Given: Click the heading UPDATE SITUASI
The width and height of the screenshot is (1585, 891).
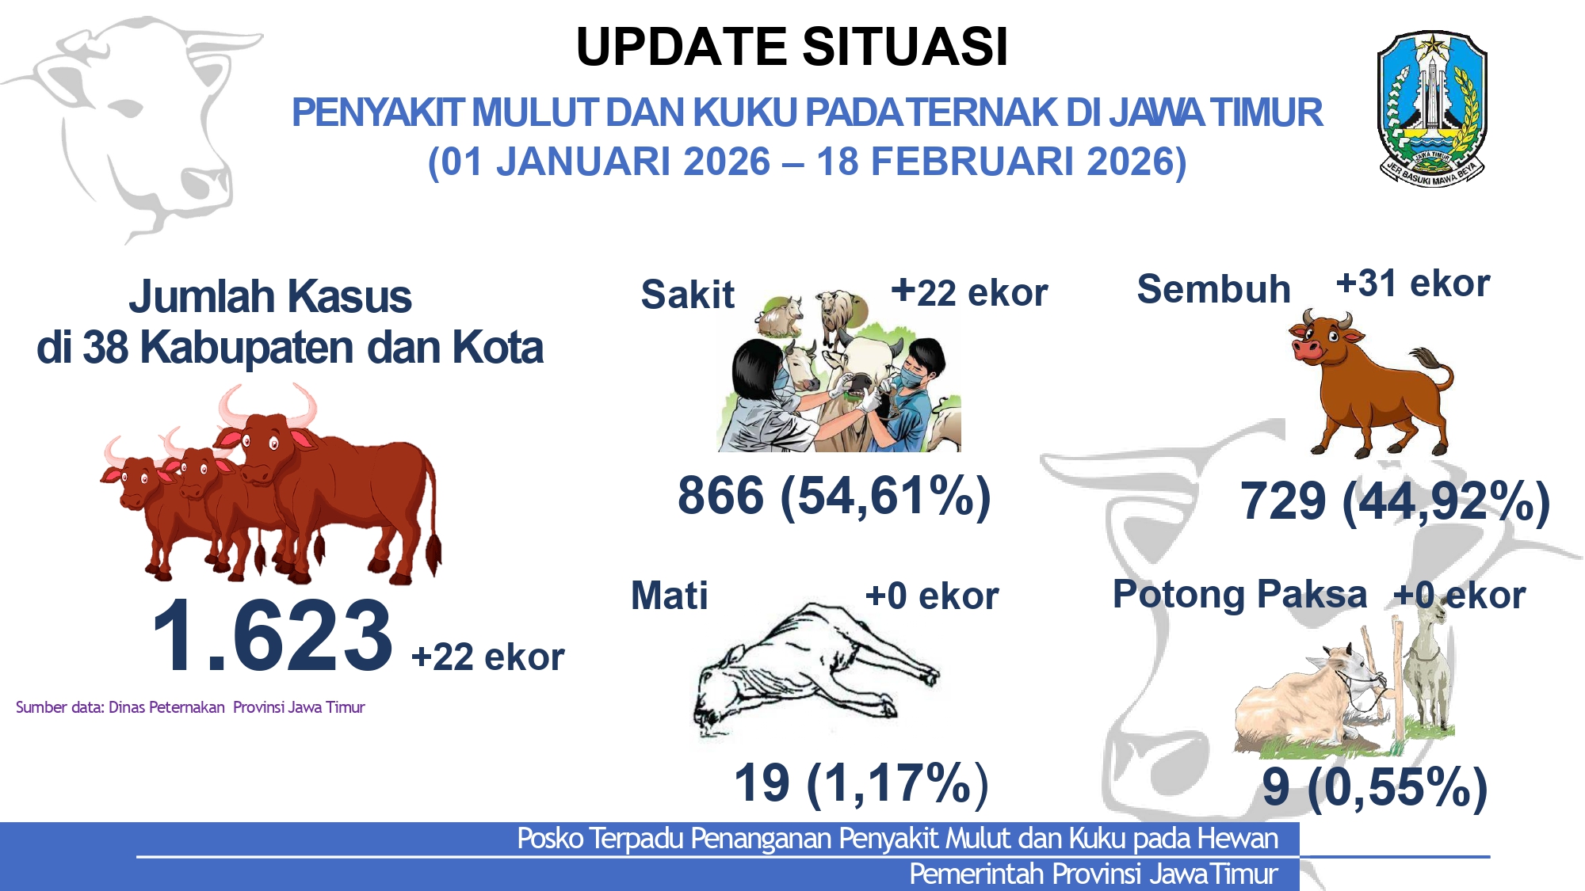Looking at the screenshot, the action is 792,47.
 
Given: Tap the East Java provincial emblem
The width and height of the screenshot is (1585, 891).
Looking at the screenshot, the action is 1432,109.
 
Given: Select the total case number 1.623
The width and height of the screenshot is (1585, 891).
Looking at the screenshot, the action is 272,635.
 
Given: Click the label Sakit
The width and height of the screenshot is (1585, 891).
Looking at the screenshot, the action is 687,295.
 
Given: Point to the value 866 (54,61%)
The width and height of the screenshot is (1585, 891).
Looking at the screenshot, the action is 835,497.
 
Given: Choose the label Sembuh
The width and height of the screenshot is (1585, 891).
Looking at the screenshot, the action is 1213,289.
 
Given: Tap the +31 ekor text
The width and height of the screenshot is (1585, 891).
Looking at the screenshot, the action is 1413,284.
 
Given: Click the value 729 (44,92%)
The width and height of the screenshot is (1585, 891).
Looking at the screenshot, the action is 1396,501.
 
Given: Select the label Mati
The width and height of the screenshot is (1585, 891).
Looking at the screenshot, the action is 670,596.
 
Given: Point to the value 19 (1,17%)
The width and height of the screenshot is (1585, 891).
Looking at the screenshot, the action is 861,783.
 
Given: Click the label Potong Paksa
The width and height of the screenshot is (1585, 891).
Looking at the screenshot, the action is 1240,594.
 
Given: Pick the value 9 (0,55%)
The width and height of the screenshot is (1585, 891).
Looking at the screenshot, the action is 1375,787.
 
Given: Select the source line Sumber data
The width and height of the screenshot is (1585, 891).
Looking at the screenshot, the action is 190,707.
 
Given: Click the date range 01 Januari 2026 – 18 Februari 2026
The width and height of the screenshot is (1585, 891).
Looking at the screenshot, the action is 807,162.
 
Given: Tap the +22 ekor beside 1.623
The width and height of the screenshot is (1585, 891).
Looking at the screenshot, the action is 488,657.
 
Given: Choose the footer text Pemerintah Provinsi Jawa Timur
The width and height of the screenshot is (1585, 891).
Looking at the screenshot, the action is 1094,874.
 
